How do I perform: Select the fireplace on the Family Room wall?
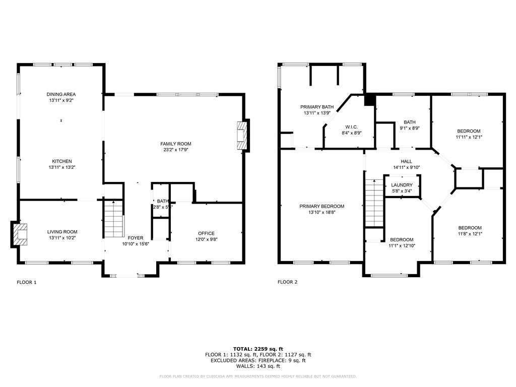243,135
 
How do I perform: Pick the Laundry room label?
402,185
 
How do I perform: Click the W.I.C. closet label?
351,126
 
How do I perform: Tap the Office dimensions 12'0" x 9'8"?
206,239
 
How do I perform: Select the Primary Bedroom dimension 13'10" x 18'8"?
321,213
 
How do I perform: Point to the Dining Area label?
61,94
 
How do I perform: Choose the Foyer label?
135,237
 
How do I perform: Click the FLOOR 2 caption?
287,282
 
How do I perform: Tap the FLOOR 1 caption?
27,282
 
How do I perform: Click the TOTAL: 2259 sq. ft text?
258,349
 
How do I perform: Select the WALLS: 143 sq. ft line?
258,366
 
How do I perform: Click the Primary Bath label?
317,107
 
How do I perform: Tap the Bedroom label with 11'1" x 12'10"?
401,239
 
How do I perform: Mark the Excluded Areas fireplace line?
258,360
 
